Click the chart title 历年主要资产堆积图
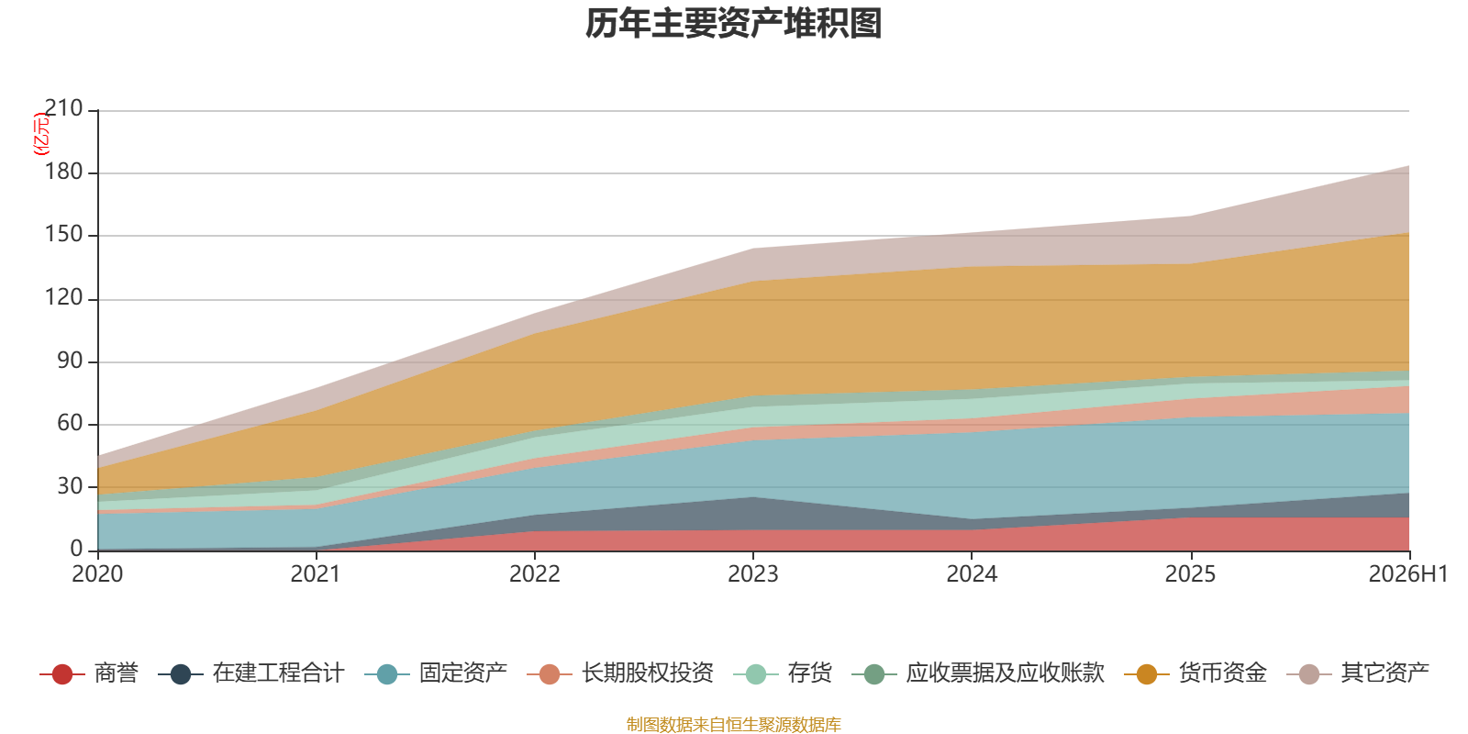click(x=733, y=24)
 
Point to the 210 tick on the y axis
click(x=63, y=108)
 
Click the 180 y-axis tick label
click(x=63, y=172)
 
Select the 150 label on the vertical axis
click(x=63, y=235)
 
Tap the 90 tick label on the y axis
click(x=70, y=361)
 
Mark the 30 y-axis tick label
click(x=70, y=486)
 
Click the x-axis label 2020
click(x=97, y=574)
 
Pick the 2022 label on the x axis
click(x=535, y=574)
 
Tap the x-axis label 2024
click(x=972, y=574)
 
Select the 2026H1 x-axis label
click(x=1407, y=574)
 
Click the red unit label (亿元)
click(x=40, y=134)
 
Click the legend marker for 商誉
click(x=62, y=673)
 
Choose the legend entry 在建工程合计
click(x=251, y=673)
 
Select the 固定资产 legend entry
click(x=436, y=673)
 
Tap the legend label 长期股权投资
click(x=648, y=673)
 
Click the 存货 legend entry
click(x=783, y=673)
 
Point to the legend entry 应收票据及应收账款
click(x=978, y=673)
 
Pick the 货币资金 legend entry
click(x=1196, y=673)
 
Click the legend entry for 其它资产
click(x=1358, y=673)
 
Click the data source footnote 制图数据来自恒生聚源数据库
click(x=733, y=724)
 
